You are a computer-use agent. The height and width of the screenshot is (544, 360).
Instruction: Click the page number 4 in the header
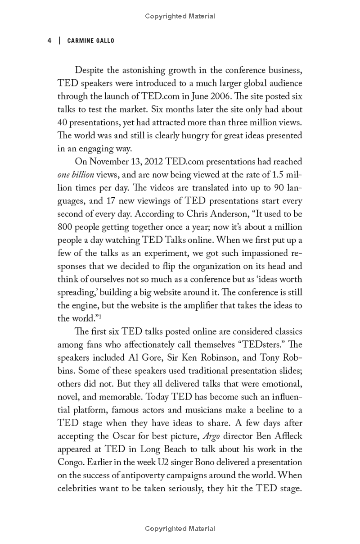pyautogui.click(x=49, y=41)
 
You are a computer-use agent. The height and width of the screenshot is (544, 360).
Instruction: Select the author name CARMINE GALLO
pyautogui.click(x=90, y=41)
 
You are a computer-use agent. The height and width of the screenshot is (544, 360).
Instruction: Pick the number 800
pyautogui.click(x=66, y=227)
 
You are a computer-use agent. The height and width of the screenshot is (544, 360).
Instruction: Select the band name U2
pyautogui.click(x=167, y=462)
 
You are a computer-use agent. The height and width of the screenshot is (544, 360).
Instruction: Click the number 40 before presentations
pyautogui.click(x=63, y=122)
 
